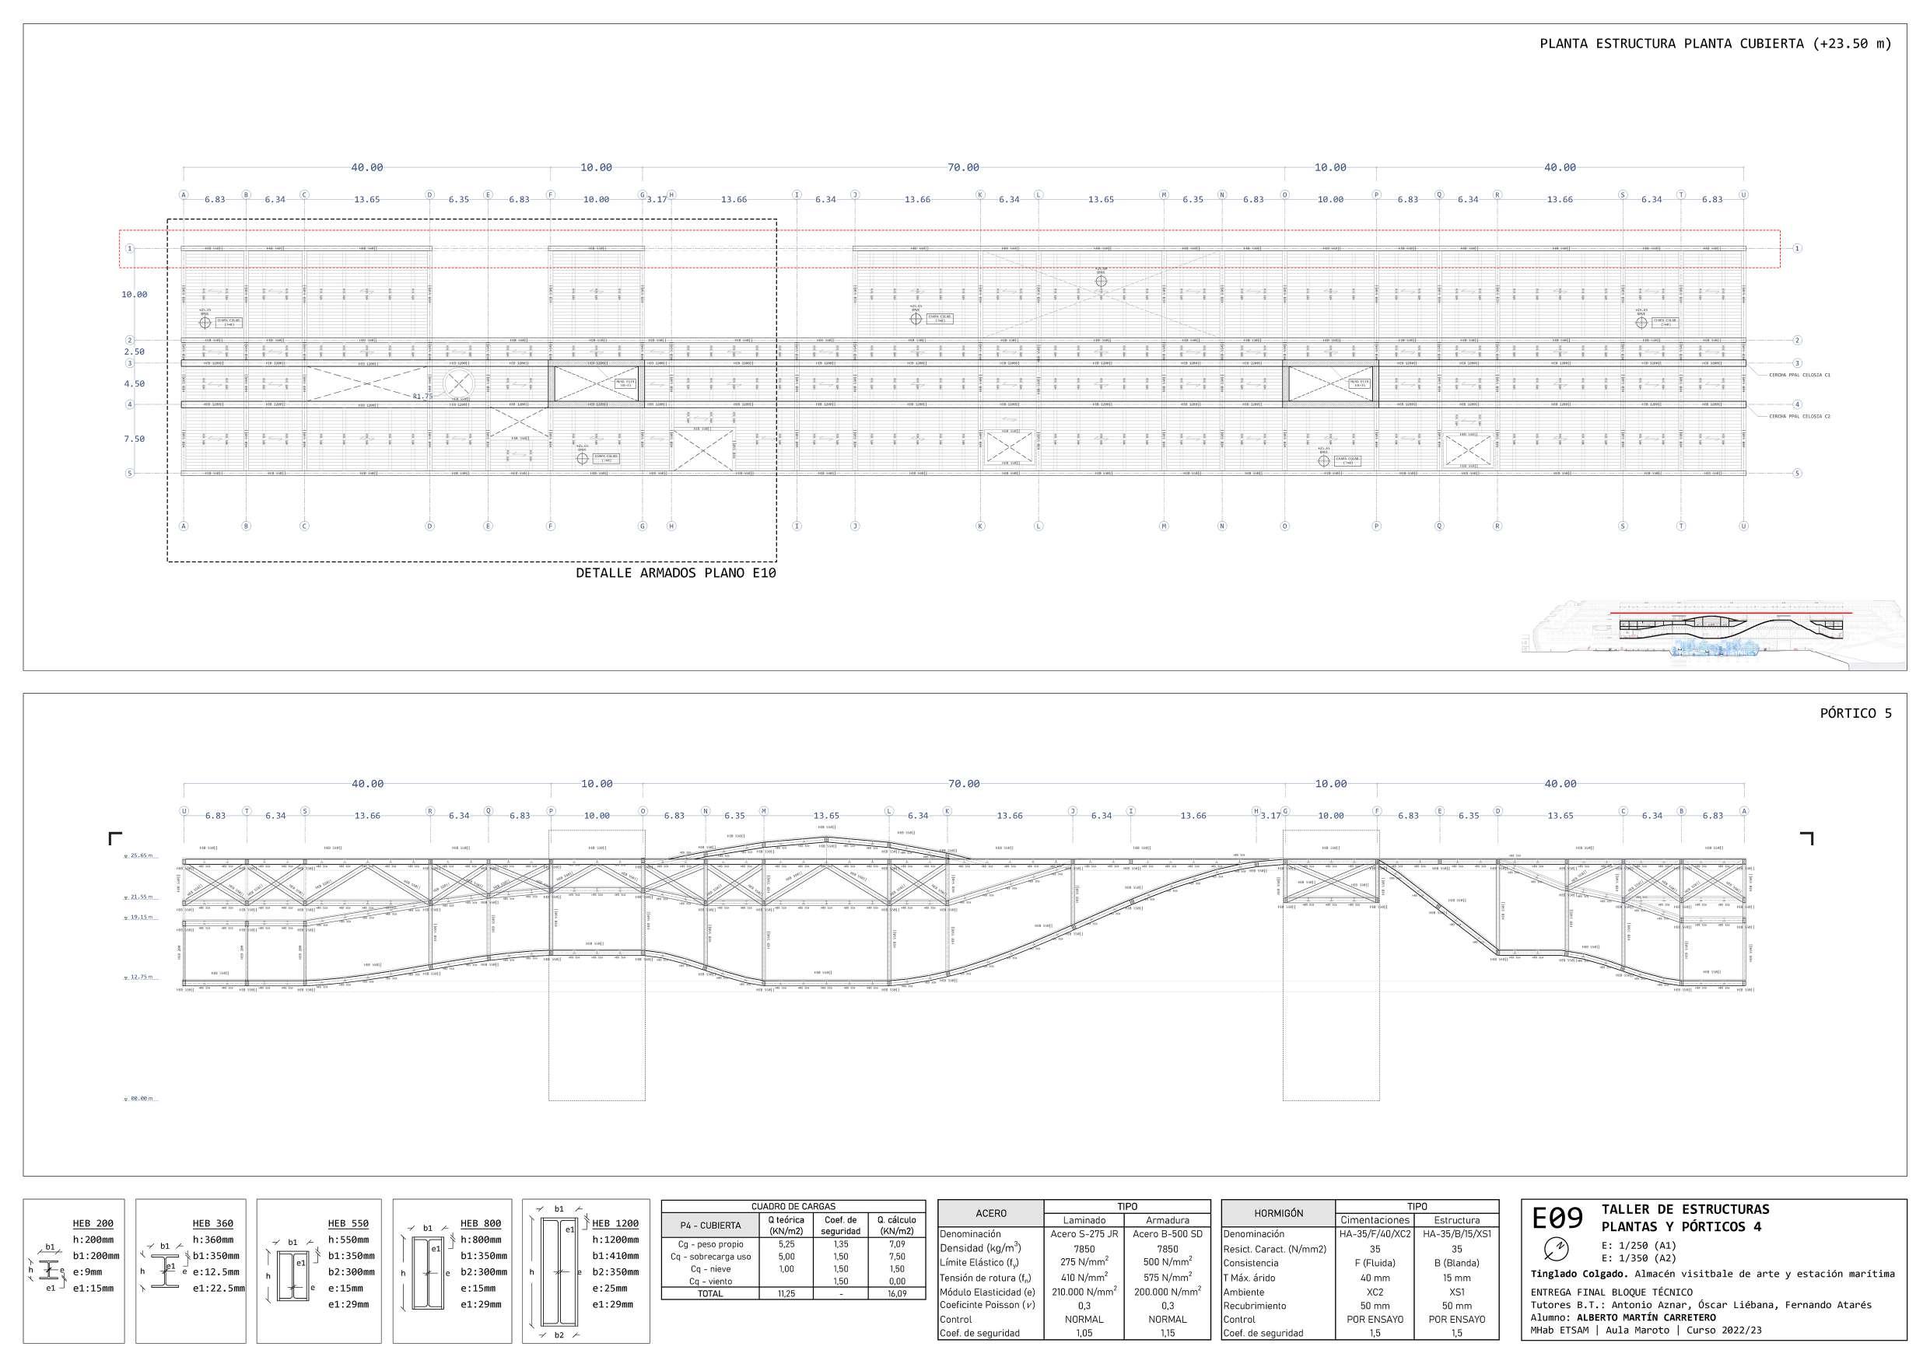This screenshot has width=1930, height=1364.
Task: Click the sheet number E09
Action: coord(1557,1218)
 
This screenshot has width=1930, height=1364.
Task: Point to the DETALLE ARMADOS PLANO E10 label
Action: coord(675,573)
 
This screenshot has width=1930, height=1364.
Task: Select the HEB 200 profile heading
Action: coord(93,1224)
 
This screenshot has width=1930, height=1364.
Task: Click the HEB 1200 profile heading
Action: coord(615,1224)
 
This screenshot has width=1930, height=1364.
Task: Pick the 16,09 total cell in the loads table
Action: coord(896,1294)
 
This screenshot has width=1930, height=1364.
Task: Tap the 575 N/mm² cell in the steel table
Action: coord(1167,1278)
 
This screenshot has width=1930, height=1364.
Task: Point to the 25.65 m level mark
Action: coord(139,855)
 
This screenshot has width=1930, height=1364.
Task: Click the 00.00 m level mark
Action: coord(139,1098)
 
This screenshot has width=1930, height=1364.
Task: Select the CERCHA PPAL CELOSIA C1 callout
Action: coord(1799,375)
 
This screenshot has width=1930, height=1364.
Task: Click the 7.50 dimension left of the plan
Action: coord(134,439)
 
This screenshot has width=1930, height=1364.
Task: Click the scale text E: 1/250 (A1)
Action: coord(1638,1246)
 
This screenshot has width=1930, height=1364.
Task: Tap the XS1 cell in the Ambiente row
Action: coord(1456,1292)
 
